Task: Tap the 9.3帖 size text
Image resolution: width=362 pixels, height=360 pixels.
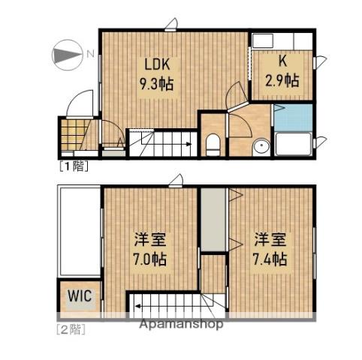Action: [x=155, y=84]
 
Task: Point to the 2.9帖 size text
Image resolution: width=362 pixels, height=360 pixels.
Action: [x=282, y=79]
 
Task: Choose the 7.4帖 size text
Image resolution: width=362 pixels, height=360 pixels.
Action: [x=268, y=260]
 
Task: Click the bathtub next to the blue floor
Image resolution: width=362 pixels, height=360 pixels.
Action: [x=293, y=143]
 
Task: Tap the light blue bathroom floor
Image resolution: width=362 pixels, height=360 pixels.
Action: [x=292, y=117]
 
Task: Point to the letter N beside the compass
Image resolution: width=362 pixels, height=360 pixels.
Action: [x=89, y=54]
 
